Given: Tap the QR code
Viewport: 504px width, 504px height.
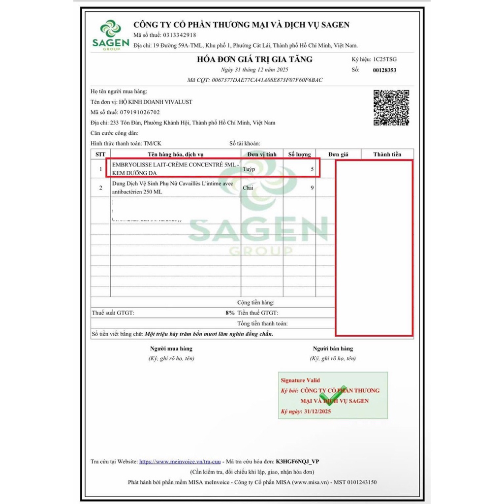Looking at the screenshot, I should (391, 108).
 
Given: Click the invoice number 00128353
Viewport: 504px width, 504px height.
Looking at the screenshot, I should (385, 70).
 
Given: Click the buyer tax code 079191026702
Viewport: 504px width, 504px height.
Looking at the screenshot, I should (137, 112).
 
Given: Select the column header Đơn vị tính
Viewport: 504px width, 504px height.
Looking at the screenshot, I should (262, 155).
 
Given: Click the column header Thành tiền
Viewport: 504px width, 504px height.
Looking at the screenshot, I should (387, 155).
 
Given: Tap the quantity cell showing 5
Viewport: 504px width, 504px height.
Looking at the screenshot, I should (312, 169).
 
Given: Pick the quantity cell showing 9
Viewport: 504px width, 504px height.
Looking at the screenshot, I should (312, 188).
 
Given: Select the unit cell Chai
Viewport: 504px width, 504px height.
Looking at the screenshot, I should (248, 188).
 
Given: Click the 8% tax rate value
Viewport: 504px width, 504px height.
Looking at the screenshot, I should (230, 313).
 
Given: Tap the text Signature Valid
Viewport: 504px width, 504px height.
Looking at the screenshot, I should (300, 380).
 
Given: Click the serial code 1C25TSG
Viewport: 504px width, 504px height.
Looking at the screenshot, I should (385, 59).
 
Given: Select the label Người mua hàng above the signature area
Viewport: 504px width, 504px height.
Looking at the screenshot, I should (171, 348).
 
